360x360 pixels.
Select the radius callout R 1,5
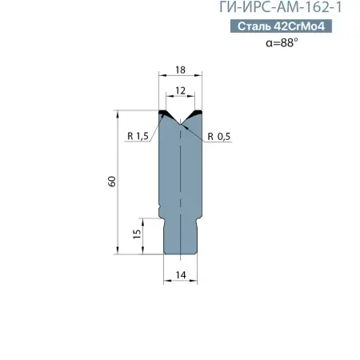[138, 137]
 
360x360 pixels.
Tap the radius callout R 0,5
[218, 137]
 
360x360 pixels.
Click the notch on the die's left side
[162, 212]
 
